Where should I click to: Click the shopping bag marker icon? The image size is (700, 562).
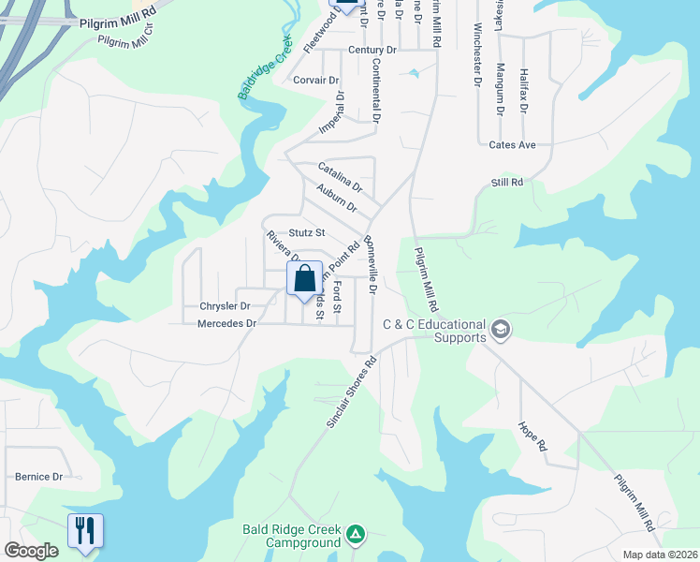click(x=304, y=279)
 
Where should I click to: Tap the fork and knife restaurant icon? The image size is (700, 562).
click(x=84, y=531)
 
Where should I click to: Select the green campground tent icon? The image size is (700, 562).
click(x=355, y=535)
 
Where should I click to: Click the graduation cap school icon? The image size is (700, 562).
click(x=501, y=330)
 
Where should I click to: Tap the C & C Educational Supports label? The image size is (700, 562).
click(x=434, y=331)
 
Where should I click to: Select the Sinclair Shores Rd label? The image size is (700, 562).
click(x=352, y=392)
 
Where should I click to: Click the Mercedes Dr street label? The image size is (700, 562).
click(x=226, y=324)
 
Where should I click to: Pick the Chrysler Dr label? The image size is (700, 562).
click(x=225, y=306)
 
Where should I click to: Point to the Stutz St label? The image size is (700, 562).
click(x=306, y=232)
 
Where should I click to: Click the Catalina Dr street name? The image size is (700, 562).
click(x=340, y=175)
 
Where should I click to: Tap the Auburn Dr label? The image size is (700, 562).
click(x=336, y=199)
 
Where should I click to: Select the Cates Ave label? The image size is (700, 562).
click(x=512, y=145)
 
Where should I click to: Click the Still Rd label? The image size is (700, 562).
click(x=506, y=182)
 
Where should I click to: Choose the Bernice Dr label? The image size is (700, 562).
click(x=38, y=477)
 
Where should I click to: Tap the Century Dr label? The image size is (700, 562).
click(x=372, y=50)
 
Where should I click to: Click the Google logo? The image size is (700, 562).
click(x=32, y=551)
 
